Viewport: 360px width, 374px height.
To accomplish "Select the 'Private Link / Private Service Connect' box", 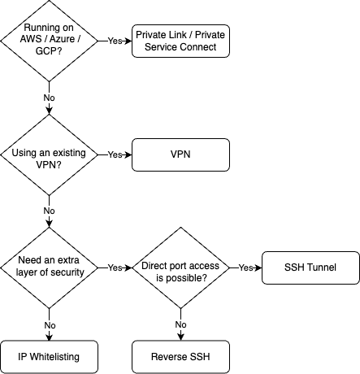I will point(180,41).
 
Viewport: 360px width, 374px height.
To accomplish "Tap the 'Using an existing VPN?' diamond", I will point(50,154).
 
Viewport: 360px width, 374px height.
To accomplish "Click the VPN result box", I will point(180,154).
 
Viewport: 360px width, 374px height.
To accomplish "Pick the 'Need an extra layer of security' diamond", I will point(50,267).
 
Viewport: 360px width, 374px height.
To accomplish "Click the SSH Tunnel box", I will point(310,267).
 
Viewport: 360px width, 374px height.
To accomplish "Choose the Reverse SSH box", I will point(180,356).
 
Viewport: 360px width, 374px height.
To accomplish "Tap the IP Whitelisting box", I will point(50,356).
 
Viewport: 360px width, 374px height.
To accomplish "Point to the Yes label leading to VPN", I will point(115,154).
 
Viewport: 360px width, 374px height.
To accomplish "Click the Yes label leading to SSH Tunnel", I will point(245,267).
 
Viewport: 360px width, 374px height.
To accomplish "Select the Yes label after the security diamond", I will point(115,267).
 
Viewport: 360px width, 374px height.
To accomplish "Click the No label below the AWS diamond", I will point(50,98).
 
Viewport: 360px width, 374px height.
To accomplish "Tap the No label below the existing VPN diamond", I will point(50,211).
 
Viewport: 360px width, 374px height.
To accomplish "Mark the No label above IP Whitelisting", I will point(50,324).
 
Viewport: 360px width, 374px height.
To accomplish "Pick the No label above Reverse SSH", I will point(180,324).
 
